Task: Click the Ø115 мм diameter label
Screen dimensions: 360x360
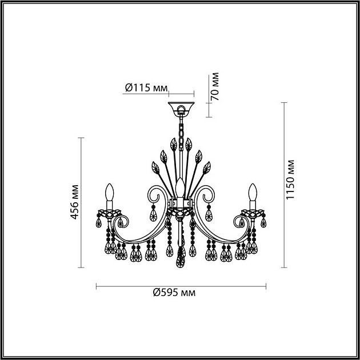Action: click(146, 87)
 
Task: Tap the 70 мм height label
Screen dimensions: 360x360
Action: click(215, 87)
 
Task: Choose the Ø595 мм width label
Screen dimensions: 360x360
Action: click(174, 293)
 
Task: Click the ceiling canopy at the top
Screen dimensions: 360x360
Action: click(180, 108)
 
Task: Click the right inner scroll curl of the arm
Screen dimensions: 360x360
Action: click(206, 194)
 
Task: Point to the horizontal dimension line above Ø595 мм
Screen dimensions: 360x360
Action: click(180, 285)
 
